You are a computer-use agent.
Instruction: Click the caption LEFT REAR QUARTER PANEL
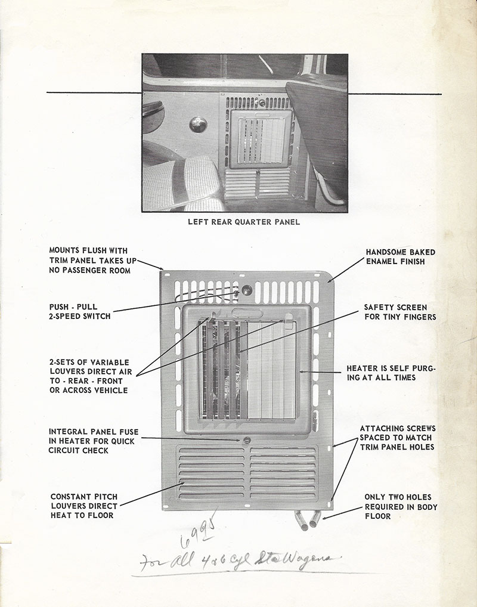click(x=243, y=222)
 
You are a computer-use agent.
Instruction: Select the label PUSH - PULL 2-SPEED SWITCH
click(x=80, y=311)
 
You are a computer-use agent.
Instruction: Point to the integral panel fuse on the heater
click(x=245, y=441)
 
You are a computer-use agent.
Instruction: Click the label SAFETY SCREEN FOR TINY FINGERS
click(x=399, y=312)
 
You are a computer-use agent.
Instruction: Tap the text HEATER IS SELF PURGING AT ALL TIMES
click(x=391, y=373)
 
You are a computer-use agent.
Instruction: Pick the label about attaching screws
click(x=398, y=438)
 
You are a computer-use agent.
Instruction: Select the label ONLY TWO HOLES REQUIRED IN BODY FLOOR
click(x=401, y=506)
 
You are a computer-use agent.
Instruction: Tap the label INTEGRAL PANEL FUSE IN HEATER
click(x=92, y=441)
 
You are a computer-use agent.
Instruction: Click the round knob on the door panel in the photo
click(x=197, y=124)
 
